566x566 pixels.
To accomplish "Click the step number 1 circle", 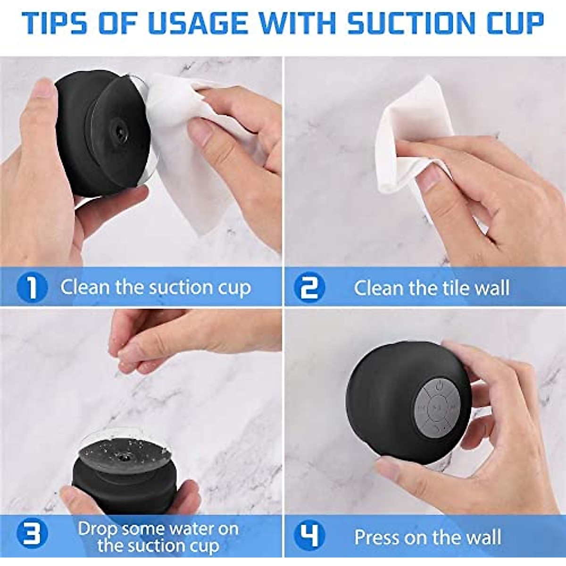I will (32, 287).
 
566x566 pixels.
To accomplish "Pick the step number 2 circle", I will (309, 287).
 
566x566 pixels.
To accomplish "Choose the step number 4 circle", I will (309, 536).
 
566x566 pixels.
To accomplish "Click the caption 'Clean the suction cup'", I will (156, 287).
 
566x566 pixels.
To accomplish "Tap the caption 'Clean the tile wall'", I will (431, 288).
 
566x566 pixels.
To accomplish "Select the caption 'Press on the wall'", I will (427, 537).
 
